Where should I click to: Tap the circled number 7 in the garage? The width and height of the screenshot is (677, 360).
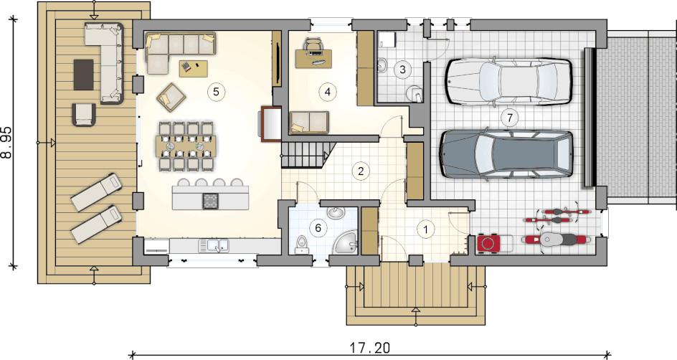pos(510,117)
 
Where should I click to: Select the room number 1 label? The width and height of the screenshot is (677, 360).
pos(426,229)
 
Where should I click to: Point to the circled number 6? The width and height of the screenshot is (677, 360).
pos(318,227)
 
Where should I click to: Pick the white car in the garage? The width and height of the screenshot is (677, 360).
pos(509,81)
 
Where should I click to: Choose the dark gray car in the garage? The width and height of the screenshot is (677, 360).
pos(506,153)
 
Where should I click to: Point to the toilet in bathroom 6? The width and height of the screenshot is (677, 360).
pos(300,245)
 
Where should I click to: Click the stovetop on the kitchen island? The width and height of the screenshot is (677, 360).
pos(211,200)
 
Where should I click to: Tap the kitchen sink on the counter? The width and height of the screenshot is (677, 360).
pos(214,245)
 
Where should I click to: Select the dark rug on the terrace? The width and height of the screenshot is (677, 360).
pos(83,75)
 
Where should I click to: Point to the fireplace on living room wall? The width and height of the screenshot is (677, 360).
pos(270,124)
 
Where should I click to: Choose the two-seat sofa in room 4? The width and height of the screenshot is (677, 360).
pos(309,123)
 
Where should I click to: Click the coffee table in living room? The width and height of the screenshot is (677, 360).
pos(194,68)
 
